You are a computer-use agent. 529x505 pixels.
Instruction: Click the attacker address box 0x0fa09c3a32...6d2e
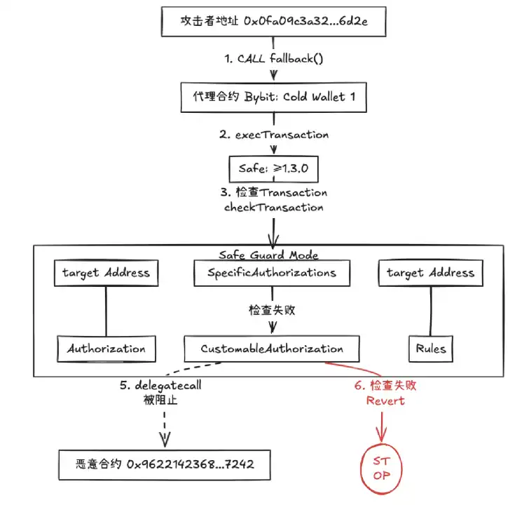pyautogui.click(x=269, y=22)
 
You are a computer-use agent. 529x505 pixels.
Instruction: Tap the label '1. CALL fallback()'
pyautogui.click(x=274, y=59)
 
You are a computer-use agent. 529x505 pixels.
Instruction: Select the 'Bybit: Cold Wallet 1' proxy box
pyautogui.click(x=270, y=96)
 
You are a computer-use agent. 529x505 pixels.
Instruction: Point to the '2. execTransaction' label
pyautogui.click(x=273, y=134)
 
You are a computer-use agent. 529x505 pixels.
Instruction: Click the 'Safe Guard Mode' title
pyautogui.click(x=269, y=255)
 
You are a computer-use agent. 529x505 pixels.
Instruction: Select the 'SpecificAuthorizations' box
pyautogui.click(x=272, y=272)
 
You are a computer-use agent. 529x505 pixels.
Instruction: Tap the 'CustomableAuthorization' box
pyautogui.click(x=272, y=348)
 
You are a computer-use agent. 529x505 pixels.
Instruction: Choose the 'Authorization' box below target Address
pyautogui.click(x=106, y=348)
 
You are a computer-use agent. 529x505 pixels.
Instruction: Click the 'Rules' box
pyautogui.click(x=430, y=348)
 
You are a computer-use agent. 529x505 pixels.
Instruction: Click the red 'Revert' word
pyautogui.click(x=385, y=400)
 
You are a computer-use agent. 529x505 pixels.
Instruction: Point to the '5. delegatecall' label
pyautogui.click(x=165, y=385)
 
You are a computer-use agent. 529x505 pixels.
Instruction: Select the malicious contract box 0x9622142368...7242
pyautogui.click(x=163, y=464)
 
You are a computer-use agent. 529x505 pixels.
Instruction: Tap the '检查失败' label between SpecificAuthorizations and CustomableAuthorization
pyautogui.click(x=273, y=309)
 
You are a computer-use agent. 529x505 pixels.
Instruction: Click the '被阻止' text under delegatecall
pyautogui.click(x=164, y=400)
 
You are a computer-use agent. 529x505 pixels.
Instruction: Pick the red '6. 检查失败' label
pyautogui.click(x=385, y=385)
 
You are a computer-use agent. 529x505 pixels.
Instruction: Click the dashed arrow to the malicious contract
pyautogui.click(x=165, y=424)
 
